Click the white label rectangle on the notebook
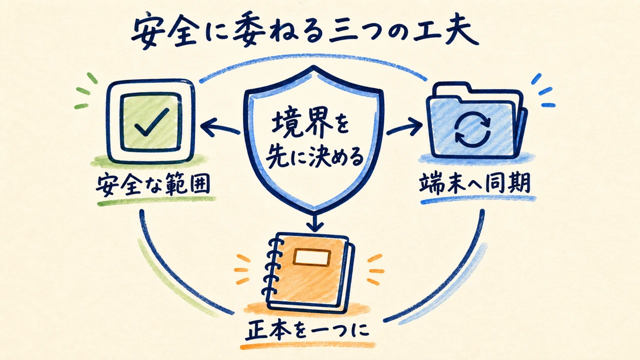click(312, 257)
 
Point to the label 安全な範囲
click(153, 184)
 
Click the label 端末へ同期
click(475, 183)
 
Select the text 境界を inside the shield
click(310, 125)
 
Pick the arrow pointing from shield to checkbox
click(220, 127)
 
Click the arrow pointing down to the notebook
click(314, 221)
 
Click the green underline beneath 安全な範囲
click(156, 201)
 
